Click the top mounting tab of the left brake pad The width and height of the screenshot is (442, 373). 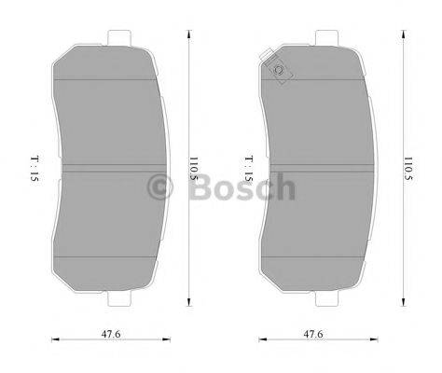(117, 38)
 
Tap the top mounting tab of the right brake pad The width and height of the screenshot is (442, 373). (326, 38)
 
